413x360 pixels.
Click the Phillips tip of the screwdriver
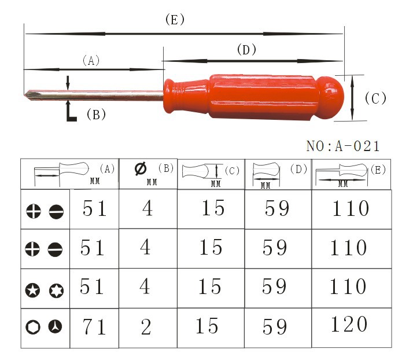tap(30, 95)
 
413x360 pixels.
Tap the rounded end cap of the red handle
tap(330, 97)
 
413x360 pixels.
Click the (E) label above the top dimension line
tap(175, 20)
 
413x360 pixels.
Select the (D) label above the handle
tap(246, 50)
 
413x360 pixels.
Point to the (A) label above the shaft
tap(91, 61)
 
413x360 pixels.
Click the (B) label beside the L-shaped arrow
tap(96, 115)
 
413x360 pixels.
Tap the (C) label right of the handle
tap(375, 98)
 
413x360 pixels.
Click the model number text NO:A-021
tap(343, 146)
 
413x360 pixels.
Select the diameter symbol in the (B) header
tap(141, 168)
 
